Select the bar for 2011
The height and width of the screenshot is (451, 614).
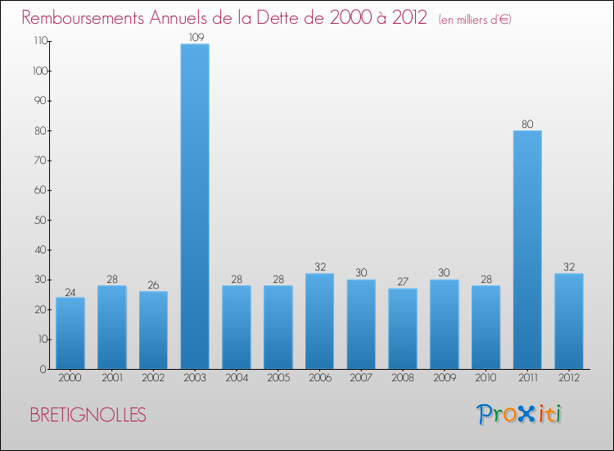tap(527, 250)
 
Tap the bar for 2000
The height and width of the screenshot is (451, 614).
tap(70, 333)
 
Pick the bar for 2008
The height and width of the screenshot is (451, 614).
tap(403, 329)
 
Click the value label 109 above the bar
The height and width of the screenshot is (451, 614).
tap(195, 37)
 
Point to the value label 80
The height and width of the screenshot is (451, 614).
tap(527, 125)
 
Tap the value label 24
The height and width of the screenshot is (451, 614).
tap(70, 291)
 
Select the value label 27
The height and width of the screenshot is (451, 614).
tap(403, 282)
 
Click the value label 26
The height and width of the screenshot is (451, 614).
tap(153, 285)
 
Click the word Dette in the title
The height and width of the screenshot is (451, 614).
tap(277, 17)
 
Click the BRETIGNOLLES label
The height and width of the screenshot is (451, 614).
tap(88, 416)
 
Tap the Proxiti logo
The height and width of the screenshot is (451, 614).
tap(520, 414)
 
